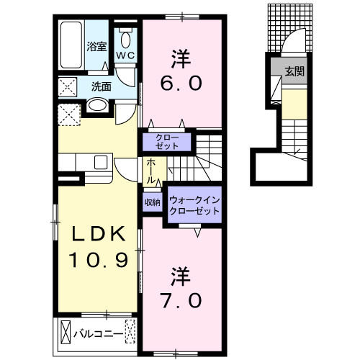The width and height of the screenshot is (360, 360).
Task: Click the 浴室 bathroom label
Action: (x=96, y=46)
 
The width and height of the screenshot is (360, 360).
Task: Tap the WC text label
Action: (x=125, y=56)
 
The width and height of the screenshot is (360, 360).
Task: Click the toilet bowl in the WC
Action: (x=125, y=40)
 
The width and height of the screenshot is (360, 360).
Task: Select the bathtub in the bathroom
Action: (x=71, y=45)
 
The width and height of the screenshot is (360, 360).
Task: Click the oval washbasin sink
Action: (x=97, y=105)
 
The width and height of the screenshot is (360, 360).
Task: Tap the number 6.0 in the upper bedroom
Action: (x=181, y=84)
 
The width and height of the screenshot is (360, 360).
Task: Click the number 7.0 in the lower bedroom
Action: (x=181, y=301)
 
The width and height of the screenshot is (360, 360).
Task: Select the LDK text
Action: (x=99, y=234)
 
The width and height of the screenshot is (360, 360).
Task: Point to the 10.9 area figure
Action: (x=99, y=260)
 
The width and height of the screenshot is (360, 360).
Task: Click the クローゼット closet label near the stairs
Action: (x=167, y=142)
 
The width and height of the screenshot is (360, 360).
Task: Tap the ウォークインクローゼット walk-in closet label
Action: (x=194, y=205)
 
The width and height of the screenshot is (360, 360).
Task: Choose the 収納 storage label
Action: (x=152, y=202)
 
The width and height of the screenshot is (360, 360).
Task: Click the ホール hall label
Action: (x=150, y=171)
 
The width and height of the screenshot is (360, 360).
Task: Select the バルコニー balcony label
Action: (x=98, y=334)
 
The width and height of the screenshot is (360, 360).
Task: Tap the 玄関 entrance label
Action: (x=294, y=71)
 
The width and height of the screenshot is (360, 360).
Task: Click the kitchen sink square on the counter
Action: (x=101, y=162)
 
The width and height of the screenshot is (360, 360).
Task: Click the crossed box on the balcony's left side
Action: (x=66, y=333)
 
